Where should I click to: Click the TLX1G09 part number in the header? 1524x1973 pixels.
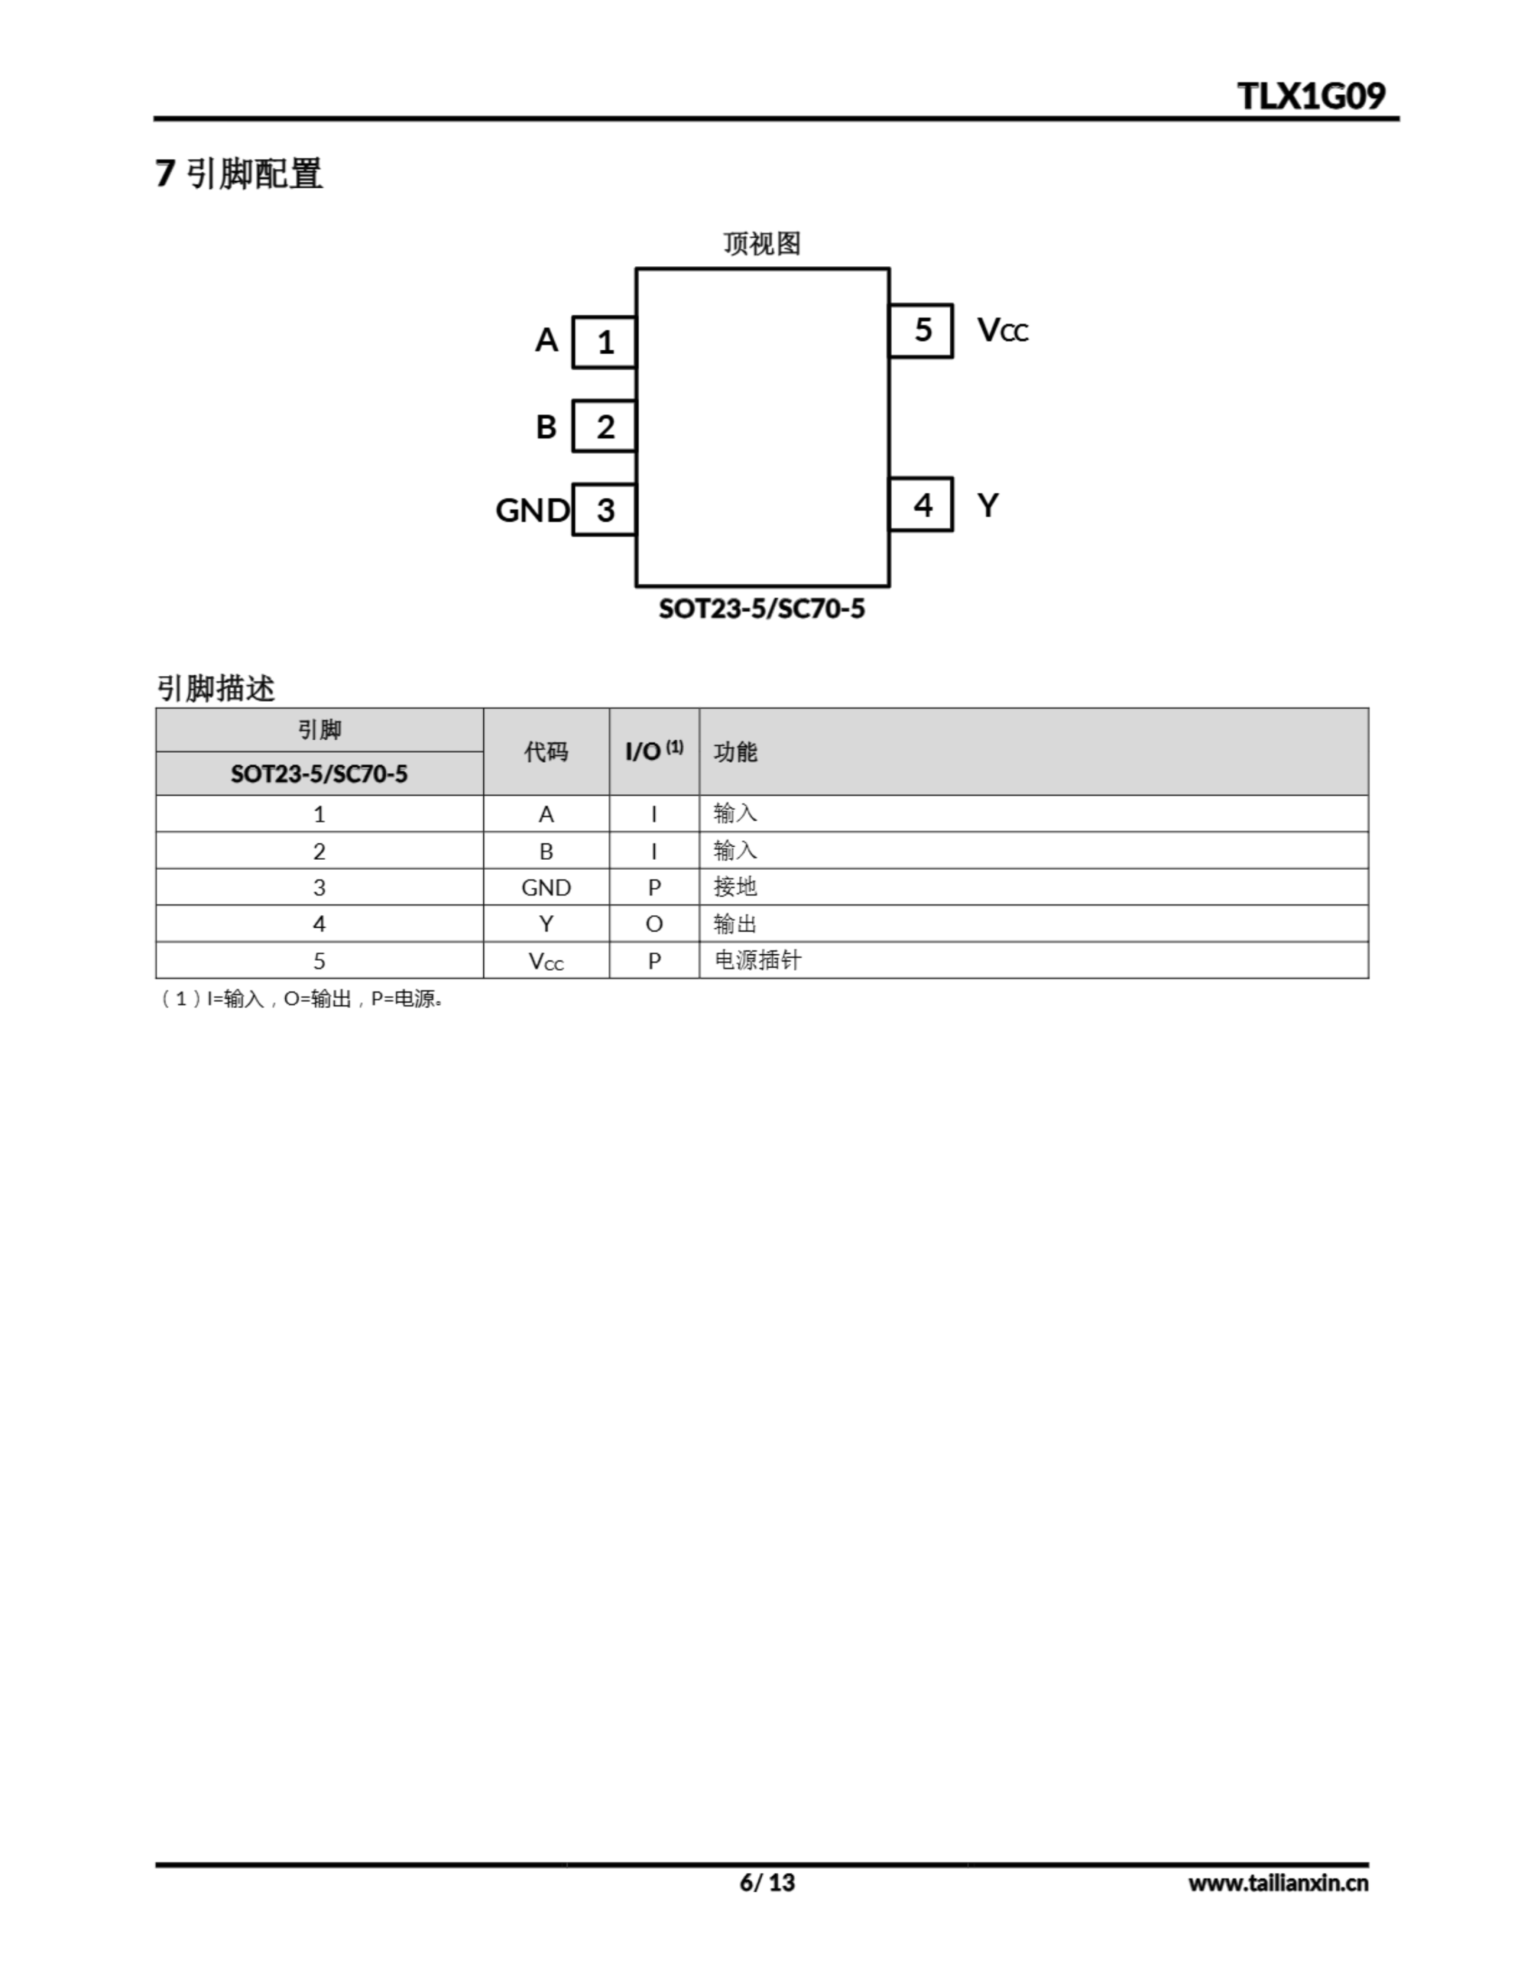click(x=1310, y=96)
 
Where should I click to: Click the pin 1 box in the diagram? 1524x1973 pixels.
click(x=604, y=342)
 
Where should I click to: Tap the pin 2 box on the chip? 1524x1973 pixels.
click(x=604, y=426)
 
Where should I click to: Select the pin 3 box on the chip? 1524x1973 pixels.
click(x=604, y=510)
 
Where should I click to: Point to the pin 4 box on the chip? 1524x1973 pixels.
click(x=921, y=504)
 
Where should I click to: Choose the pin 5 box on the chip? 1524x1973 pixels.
click(x=921, y=330)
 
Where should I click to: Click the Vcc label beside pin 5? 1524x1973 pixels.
click(x=1002, y=331)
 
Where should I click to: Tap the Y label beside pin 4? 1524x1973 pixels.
click(x=989, y=505)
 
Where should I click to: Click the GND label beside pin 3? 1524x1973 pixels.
click(x=532, y=510)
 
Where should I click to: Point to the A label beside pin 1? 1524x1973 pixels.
click(x=546, y=341)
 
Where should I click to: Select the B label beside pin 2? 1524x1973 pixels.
click(x=545, y=426)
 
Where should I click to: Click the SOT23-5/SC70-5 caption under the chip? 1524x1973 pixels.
click(x=761, y=609)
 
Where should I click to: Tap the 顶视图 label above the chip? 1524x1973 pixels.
click(x=761, y=243)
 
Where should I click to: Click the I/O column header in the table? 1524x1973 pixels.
click(x=654, y=751)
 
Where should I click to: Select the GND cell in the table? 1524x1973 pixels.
click(x=545, y=887)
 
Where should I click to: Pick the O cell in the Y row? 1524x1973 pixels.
click(x=654, y=924)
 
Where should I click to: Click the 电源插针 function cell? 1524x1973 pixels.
click(x=757, y=960)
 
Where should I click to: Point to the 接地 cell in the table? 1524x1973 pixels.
click(x=735, y=887)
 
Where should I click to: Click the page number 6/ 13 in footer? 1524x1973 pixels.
click(x=767, y=1883)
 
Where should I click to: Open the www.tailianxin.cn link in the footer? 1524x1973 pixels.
click(x=1277, y=1883)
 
